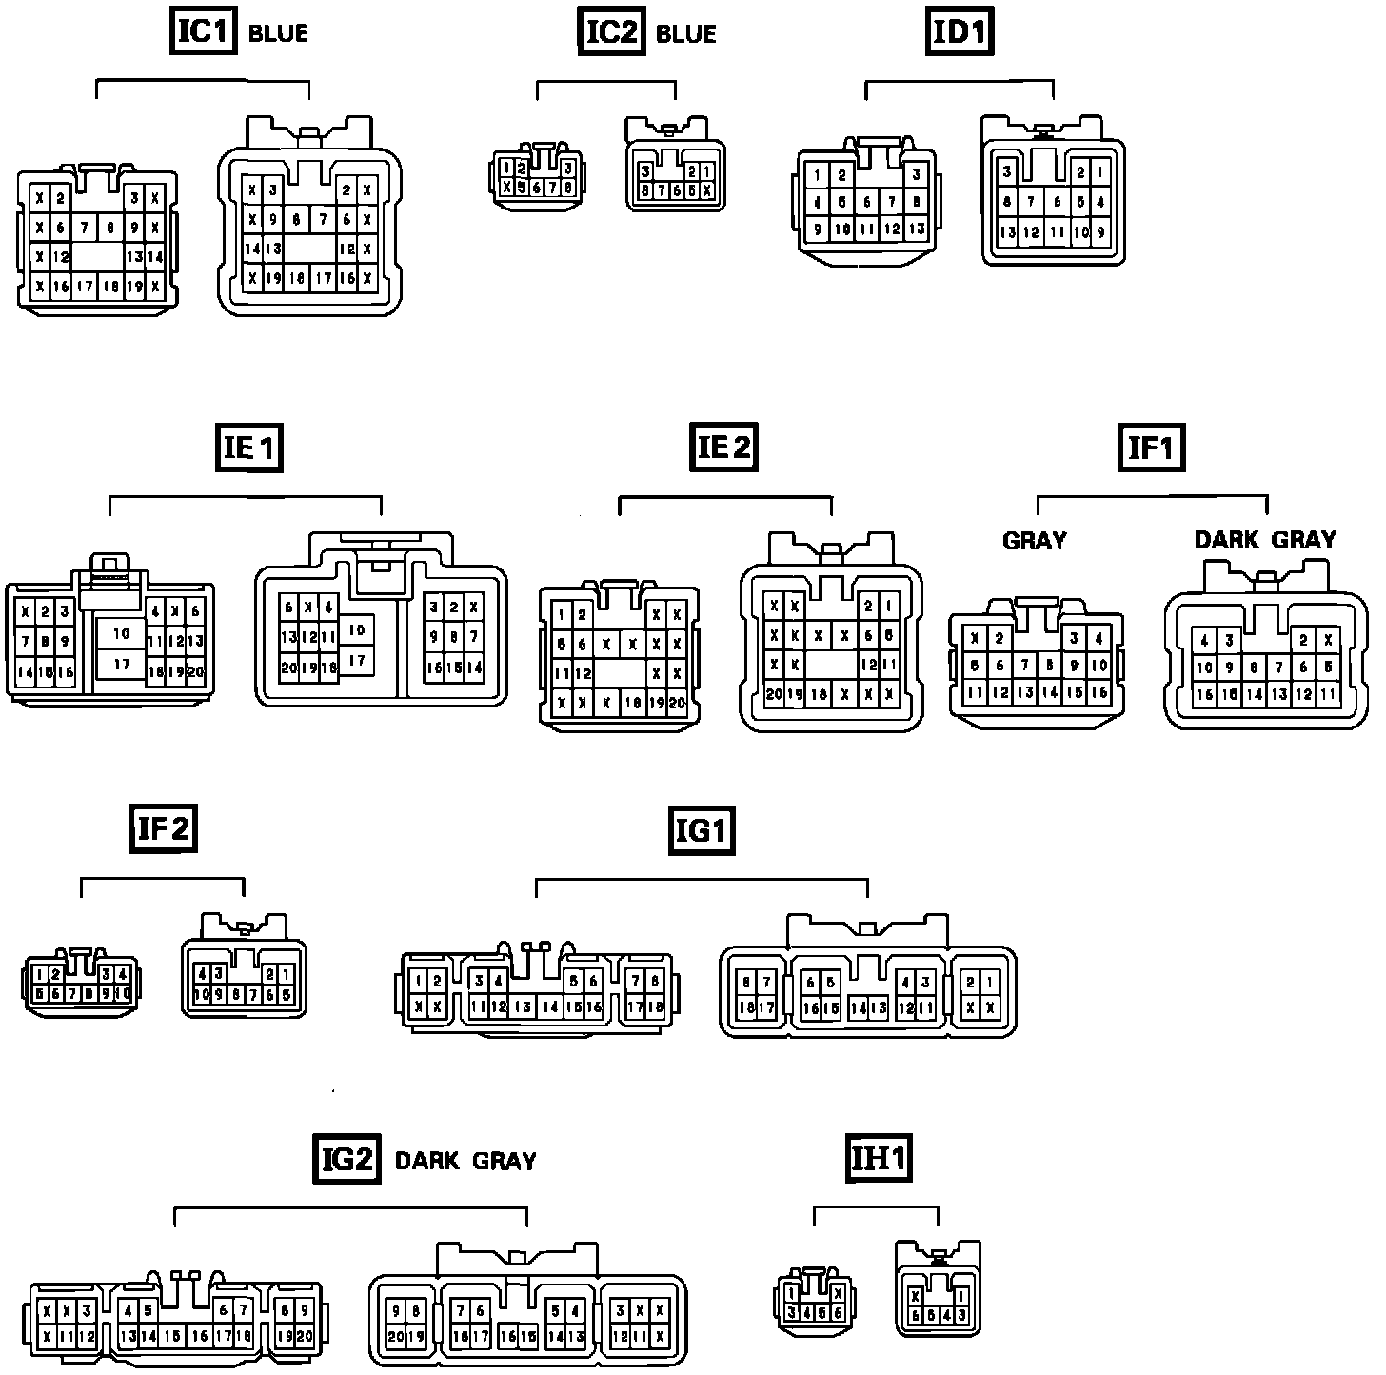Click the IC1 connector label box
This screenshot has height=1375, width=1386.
203,31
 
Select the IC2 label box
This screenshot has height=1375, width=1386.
611,31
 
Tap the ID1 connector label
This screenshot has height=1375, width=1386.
960,31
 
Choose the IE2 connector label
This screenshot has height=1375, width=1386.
724,447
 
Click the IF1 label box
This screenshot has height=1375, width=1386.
1151,447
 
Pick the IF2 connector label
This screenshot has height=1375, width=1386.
163,827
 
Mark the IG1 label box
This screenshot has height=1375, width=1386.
701,830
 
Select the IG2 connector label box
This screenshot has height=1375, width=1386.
346,1159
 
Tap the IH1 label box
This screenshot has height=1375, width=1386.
879,1159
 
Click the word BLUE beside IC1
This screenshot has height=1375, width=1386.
278,34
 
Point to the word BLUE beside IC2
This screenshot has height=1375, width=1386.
685,34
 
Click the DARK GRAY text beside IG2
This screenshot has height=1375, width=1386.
465,1161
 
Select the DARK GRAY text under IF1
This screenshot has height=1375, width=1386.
1264,540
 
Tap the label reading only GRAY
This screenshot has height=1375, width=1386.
1034,541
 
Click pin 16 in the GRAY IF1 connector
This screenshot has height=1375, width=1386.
1099,693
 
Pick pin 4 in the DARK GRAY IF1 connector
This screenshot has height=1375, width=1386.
1205,641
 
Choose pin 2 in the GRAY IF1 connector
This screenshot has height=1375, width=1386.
1000,639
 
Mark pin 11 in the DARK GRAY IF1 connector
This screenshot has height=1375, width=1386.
1328,695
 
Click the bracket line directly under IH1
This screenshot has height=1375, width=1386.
876,1207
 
